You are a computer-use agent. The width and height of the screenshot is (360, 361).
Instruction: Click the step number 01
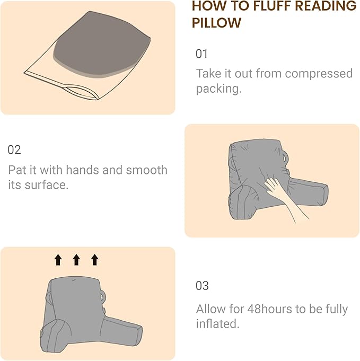(201, 54)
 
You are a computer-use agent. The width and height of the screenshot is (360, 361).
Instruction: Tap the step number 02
(14, 150)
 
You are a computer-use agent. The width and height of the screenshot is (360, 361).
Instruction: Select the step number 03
(202, 286)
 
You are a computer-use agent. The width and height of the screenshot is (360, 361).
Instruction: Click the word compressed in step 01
(320, 74)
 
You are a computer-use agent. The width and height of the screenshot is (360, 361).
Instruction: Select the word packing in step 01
(217, 89)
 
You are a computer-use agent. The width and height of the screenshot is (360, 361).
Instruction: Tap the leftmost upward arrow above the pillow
(58, 259)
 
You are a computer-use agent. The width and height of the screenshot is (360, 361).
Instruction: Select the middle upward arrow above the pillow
(76, 259)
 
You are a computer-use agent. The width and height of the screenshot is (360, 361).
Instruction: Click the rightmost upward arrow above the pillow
(94, 259)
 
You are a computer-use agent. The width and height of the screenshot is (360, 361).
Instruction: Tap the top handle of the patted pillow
(287, 157)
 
